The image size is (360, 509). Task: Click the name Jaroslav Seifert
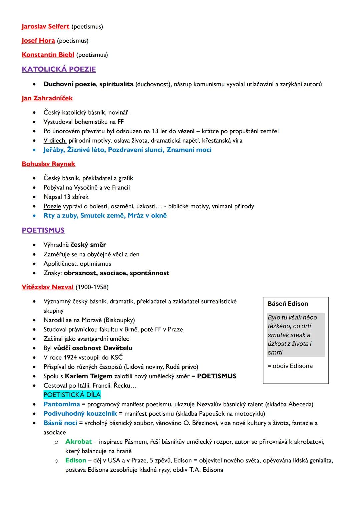click(x=45, y=26)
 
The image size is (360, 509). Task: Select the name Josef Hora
click(x=38, y=41)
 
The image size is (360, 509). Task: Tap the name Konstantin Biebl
click(x=48, y=55)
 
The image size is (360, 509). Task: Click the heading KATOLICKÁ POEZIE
click(x=59, y=69)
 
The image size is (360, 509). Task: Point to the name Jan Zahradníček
click(x=47, y=98)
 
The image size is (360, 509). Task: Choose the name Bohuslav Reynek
click(x=48, y=164)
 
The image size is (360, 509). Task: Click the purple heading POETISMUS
click(x=43, y=230)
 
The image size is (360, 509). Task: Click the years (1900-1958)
click(x=92, y=287)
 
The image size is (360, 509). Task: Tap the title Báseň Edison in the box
click(x=288, y=304)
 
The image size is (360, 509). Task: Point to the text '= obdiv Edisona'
click(x=290, y=366)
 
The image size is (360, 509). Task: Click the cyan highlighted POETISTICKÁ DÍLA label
click(x=72, y=395)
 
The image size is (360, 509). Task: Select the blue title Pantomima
click(x=62, y=404)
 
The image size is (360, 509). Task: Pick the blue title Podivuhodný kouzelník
click(x=80, y=414)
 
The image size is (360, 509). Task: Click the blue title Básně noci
click(x=60, y=423)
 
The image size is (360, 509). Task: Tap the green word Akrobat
click(x=78, y=442)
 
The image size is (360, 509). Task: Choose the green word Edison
click(x=76, y=460)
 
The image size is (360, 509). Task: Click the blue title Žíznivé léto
click(x=86, y=150)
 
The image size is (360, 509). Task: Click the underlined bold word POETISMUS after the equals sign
click(x=217, y=376)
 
